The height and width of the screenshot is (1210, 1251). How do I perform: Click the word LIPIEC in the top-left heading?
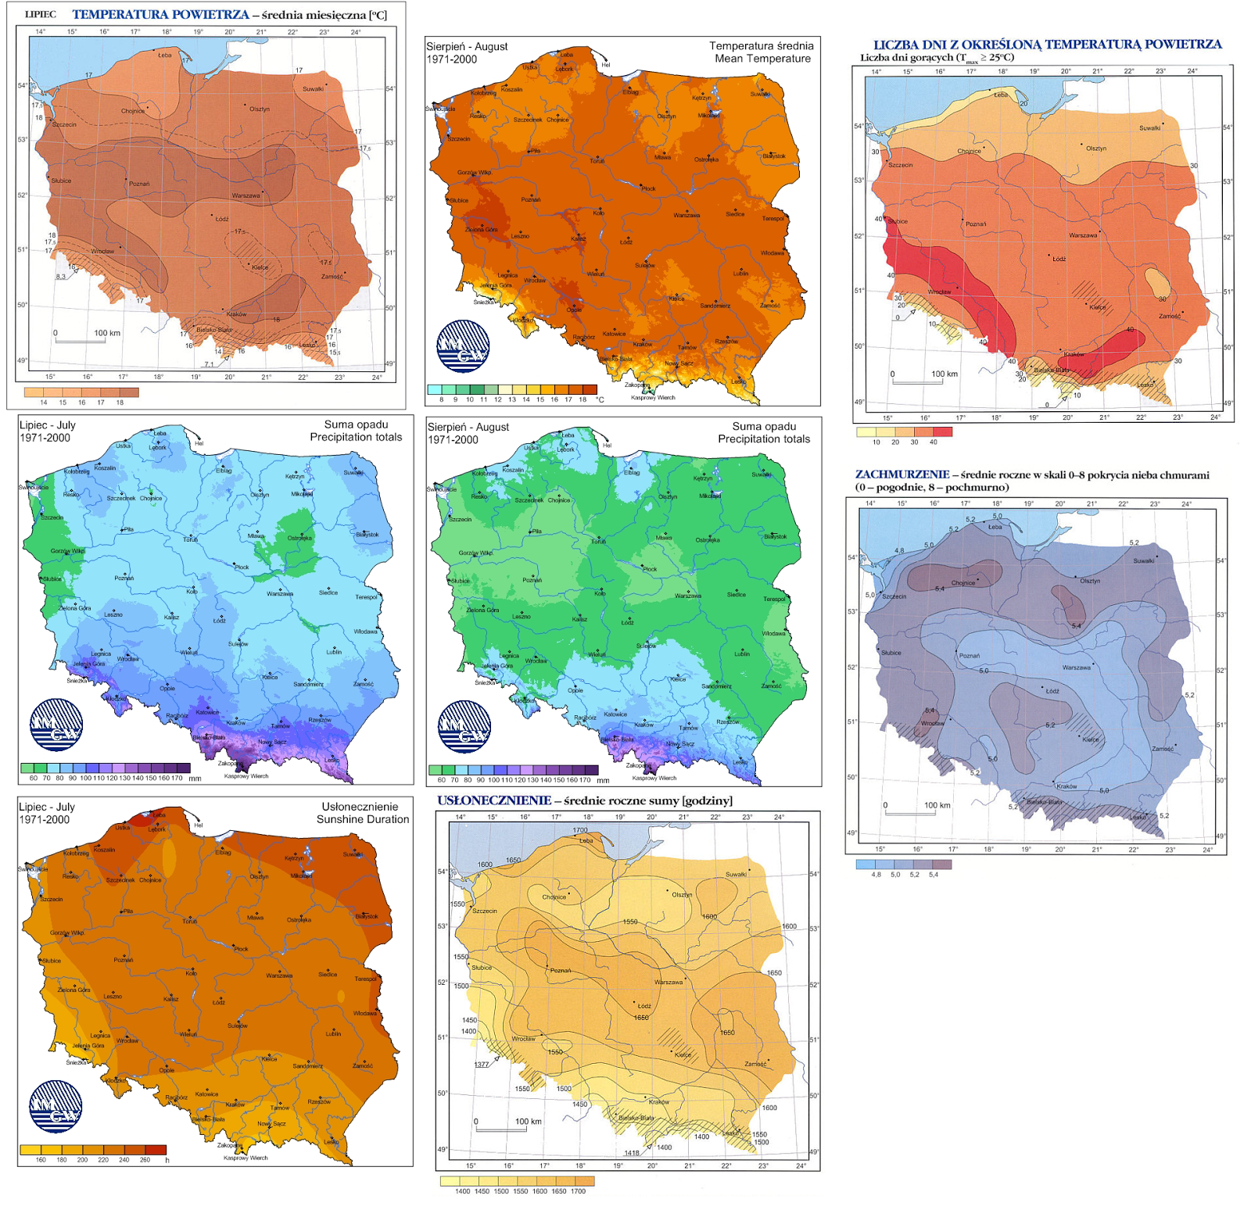coord(40,14)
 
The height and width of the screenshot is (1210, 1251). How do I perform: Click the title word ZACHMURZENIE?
coord(902,474)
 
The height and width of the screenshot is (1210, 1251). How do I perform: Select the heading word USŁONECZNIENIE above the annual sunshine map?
coord(494,800)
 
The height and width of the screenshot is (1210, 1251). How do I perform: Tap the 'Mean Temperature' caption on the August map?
coord(762,59)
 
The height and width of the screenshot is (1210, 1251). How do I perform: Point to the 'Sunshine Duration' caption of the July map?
coord(362,819)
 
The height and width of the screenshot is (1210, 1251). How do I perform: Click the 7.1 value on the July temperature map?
coord(209,364)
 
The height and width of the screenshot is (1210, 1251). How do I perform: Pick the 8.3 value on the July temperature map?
coord(61,276)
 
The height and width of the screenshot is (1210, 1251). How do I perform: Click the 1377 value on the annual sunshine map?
coord(482,1065)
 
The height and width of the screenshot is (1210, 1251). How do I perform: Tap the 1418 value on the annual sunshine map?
coord(632,1153)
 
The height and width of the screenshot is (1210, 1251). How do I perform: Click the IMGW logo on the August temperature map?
coord(463,346)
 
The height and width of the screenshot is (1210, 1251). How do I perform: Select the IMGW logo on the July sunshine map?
coord(56,1107)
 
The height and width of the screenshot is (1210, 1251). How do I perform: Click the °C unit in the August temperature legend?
coord(600,399)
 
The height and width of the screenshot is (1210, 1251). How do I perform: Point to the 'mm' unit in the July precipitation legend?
coord(195,779)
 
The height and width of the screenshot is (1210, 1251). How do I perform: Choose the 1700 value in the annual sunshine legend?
coord(578,1191)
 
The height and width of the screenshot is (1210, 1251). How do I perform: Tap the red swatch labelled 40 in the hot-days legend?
coord(943,431)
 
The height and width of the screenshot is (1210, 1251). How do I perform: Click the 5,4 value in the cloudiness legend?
coord(933,875)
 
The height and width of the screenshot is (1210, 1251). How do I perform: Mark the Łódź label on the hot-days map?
coord(1059,259)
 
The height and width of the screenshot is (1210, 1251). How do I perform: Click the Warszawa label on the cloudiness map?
coord(1076,668)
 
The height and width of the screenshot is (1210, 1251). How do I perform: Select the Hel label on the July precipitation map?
coord(199,443)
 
